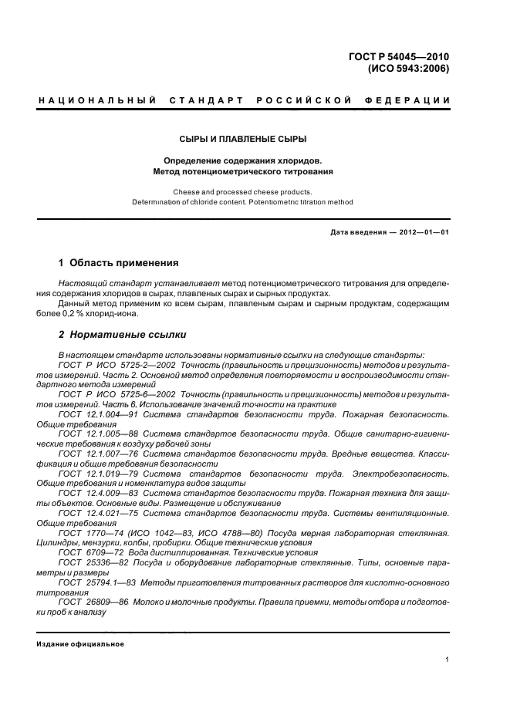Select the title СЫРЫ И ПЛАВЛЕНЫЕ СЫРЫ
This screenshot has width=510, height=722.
[243, 139]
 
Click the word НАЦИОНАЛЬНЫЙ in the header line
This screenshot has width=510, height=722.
[96, 101]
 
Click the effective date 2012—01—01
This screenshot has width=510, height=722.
[421, 231]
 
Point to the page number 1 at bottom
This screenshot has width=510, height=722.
[448, 659]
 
